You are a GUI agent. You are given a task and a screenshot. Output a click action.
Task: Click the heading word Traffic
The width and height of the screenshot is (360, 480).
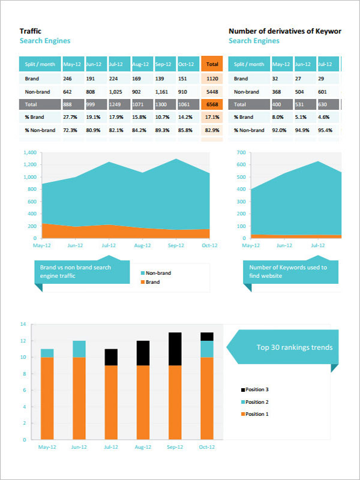coord(31,31)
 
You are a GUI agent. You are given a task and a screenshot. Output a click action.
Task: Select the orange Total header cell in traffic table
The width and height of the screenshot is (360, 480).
coord(212,64)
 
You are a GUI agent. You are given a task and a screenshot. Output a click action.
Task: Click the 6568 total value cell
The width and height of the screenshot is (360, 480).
coord(212,104)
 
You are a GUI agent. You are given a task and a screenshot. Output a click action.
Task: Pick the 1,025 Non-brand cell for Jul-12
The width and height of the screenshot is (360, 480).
coord(116,92)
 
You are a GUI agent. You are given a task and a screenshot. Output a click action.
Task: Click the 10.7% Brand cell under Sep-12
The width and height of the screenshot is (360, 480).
coord(162,117)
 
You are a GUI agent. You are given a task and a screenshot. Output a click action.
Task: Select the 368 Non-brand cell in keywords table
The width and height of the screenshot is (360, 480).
coord(277,92)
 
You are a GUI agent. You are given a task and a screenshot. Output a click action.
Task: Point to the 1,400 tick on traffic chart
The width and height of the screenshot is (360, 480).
coord(29,152)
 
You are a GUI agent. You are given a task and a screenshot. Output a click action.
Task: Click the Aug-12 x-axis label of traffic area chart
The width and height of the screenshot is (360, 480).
coord(142,246)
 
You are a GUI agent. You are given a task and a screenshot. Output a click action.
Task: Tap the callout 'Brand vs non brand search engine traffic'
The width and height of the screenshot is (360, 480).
coord(79,272)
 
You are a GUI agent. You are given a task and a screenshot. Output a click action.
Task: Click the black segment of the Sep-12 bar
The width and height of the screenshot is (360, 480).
coord(175,349)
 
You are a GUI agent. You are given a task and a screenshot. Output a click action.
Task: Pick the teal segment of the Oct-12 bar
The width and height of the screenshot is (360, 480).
coord(207,349)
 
